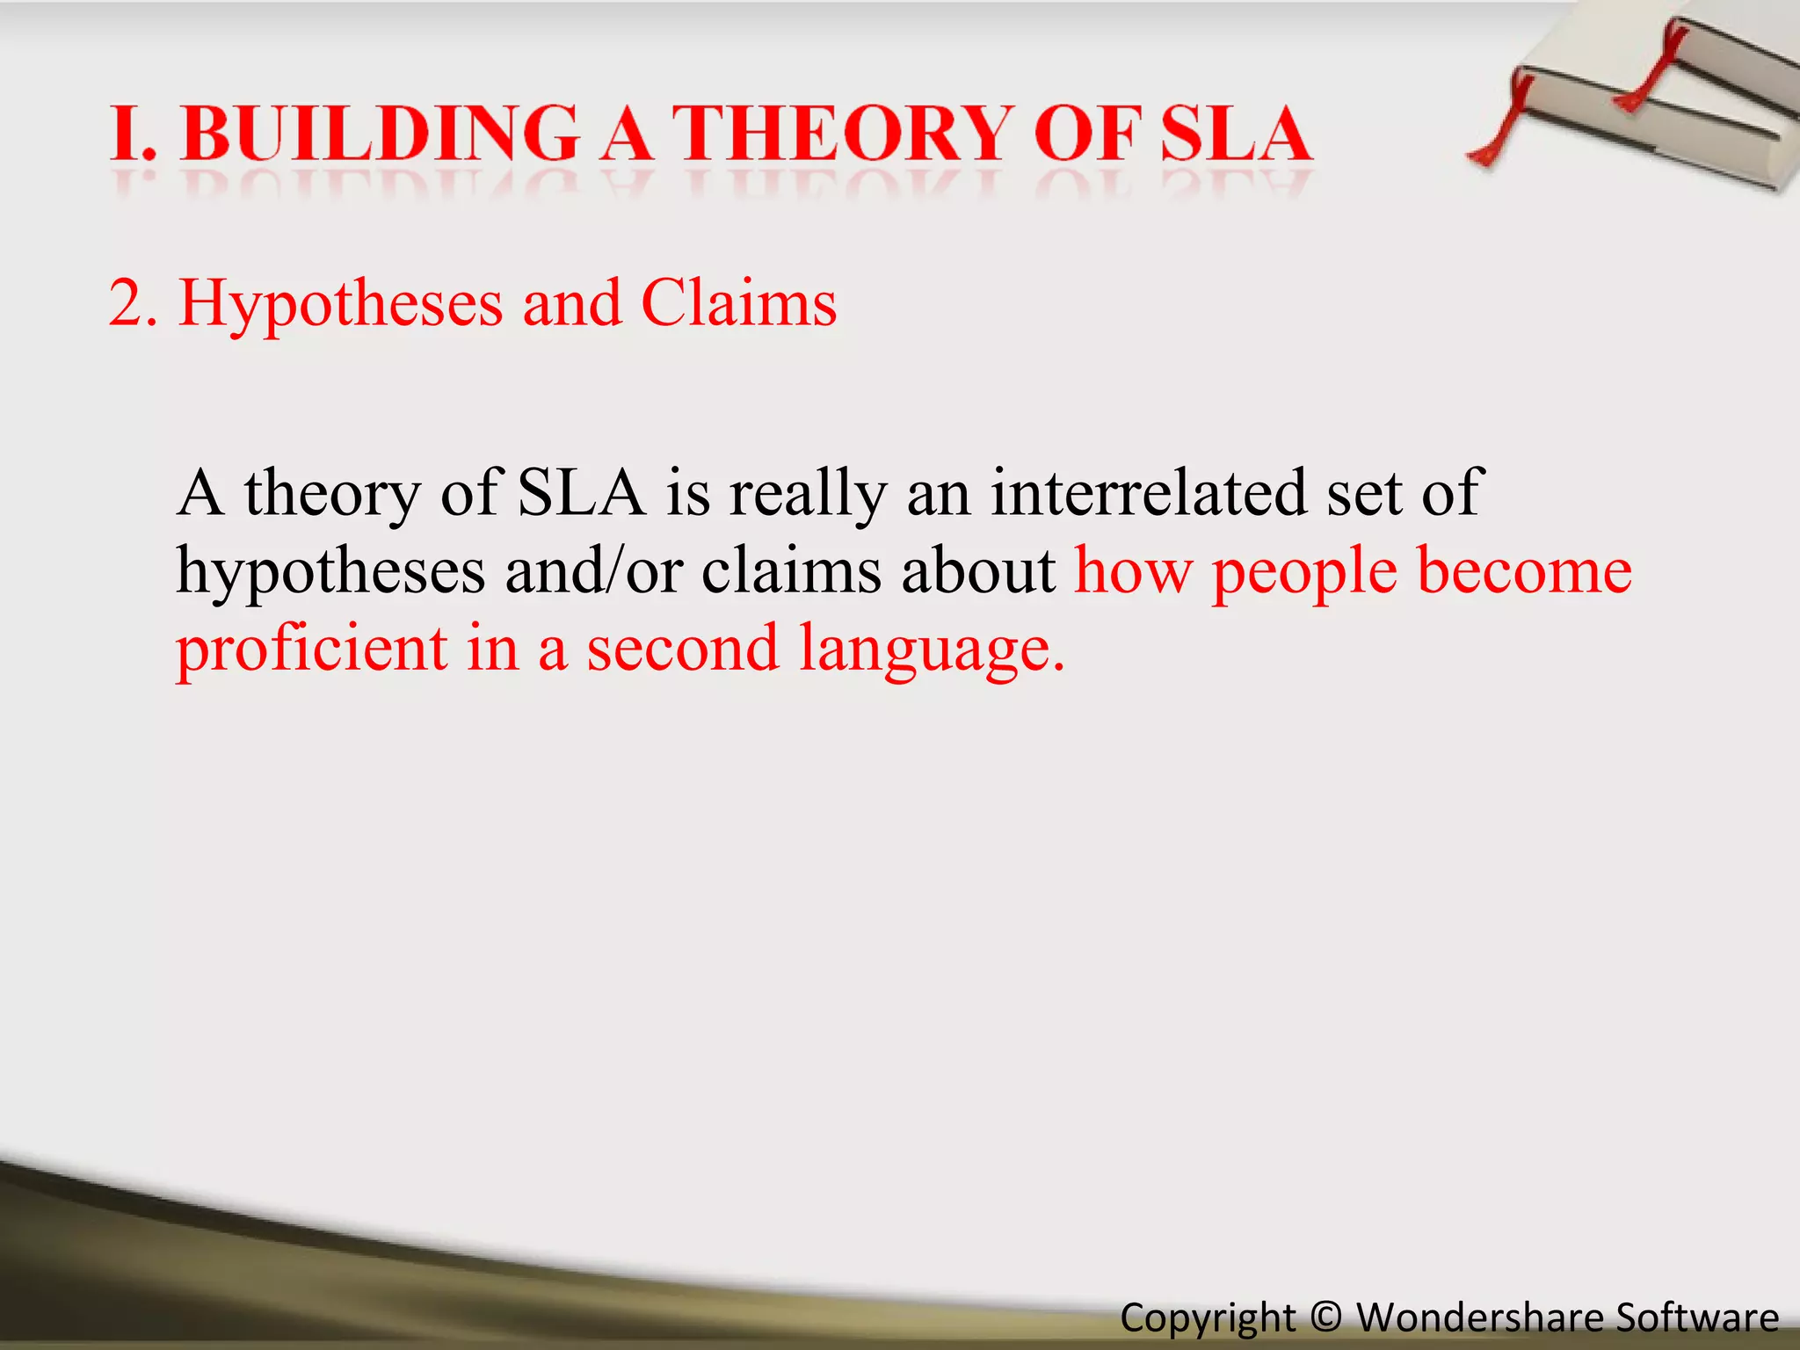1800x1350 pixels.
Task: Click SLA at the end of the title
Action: coord(1235,134)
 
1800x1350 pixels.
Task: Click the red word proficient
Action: coord(312,649)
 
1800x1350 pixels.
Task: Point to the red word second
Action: coord(682,649)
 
